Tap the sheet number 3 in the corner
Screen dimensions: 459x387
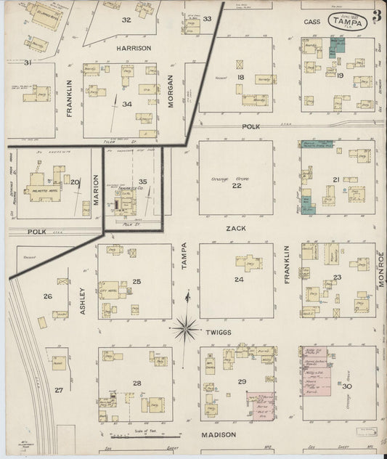click(x=378, y=16)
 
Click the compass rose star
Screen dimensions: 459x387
click(x=187, y=330)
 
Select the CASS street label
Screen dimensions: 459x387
click(x=312, y=22)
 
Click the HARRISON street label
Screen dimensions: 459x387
click(x=134, y=48)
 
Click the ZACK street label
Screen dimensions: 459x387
click(x=235, y=228)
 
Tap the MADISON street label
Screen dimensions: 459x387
click(x=219, y=434)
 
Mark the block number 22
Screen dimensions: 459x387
click(x=236, y=186)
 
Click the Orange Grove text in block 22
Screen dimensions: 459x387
click(x=226, y=179)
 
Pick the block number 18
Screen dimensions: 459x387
click(x=240, y=77)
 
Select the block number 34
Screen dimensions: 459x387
click(x=127, y=104)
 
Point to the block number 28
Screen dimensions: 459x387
click(x=136, y=382)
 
